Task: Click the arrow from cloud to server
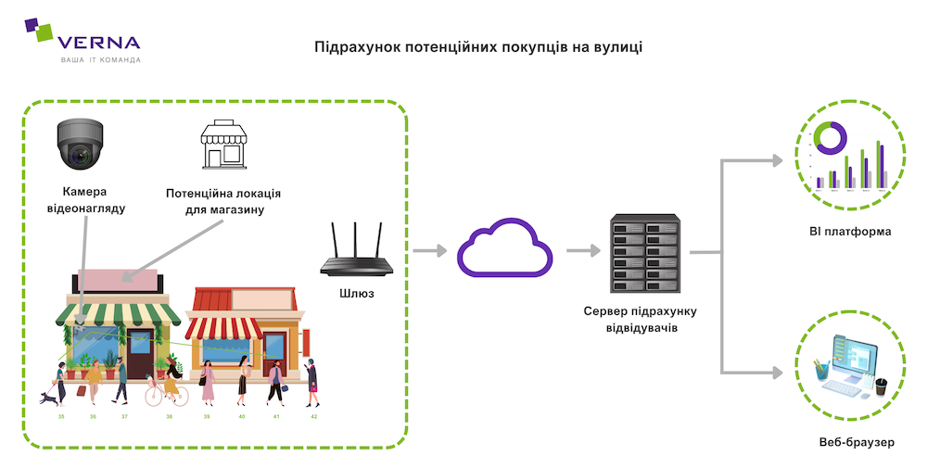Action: tap(582, 251)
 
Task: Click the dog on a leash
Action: tap(47, 398)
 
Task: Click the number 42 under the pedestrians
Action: tap(313, 417)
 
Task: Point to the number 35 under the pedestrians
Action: tap(61, 417)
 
